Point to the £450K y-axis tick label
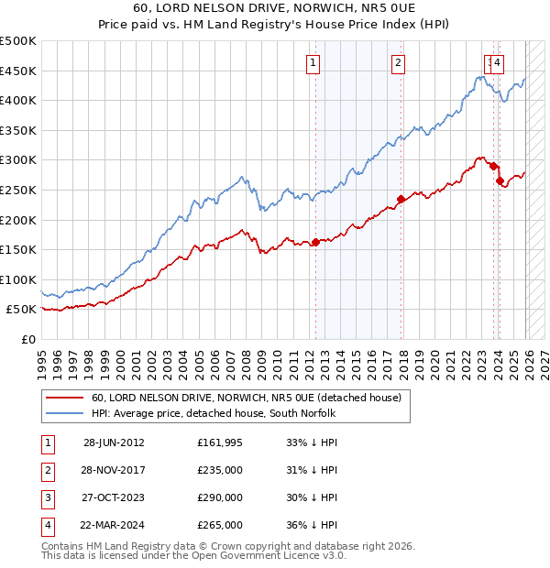[x=18, y=71]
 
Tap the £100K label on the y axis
[x=18, y=279]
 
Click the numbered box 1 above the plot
[x=313, y=63]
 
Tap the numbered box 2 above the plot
[x=399, y=63]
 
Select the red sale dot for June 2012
[x=315, y=243]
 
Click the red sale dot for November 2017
[x=401, y=199]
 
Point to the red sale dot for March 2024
[x=500, y=181]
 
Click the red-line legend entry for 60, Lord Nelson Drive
[x=246, y=399]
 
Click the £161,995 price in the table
[x=220, y=442]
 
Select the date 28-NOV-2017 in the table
[x=114, y=470]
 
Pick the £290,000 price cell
[x=220, y=497]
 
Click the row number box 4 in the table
[x=45, y=525]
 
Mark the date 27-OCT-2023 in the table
[x=114, y=497]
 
